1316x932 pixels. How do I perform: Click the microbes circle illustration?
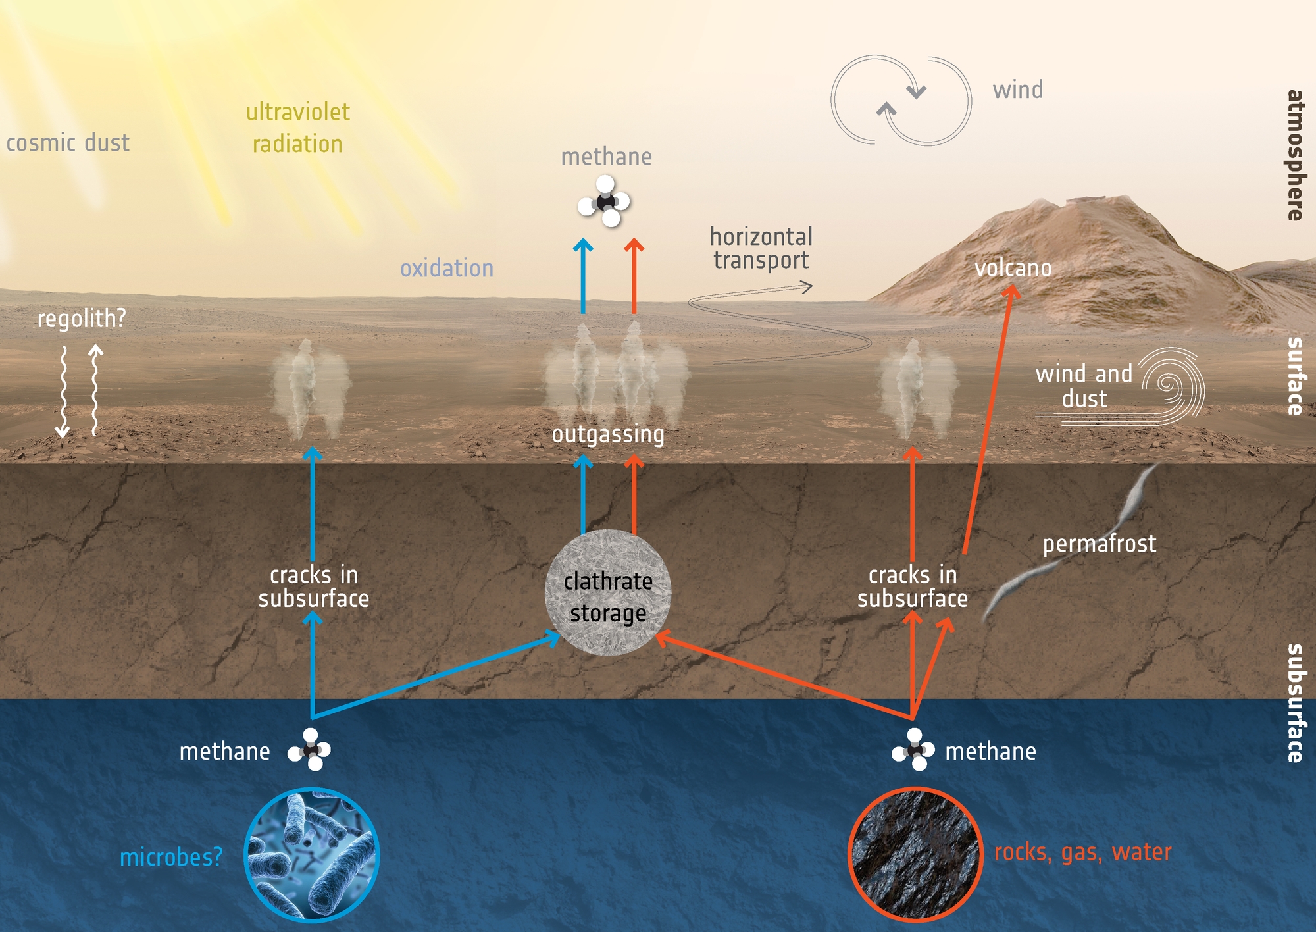311,854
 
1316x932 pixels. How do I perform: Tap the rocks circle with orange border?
915,854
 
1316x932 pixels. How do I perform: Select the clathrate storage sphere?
608,592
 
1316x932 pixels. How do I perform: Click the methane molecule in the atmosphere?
605,201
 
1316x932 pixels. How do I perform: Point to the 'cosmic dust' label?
68,143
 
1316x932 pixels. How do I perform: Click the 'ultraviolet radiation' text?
298,128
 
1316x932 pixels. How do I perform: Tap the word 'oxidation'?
447,269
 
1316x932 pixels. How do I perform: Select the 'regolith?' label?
82,319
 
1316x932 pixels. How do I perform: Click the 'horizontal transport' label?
761,249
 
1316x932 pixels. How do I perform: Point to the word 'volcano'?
1013,268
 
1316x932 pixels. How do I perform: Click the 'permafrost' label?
1100,544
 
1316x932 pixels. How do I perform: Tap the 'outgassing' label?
608,434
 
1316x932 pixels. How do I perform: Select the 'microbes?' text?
171,858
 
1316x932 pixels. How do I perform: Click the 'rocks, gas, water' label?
1083,852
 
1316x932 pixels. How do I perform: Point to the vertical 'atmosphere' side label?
1295,155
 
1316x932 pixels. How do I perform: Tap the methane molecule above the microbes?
309,750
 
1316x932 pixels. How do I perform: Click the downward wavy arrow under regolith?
63,391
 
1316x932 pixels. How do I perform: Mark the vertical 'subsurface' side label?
1295,703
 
